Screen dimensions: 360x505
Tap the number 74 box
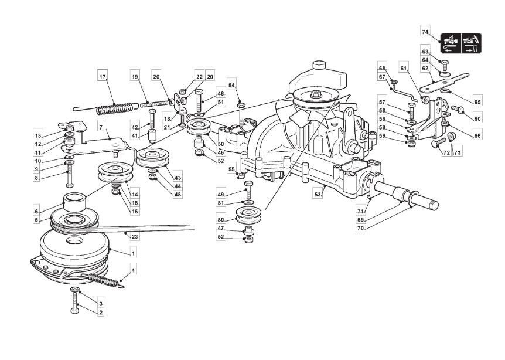click(426, 32)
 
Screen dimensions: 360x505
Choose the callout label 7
click(100, 127)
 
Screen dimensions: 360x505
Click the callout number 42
click(134, 127)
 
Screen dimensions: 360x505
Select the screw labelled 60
click(457, 108)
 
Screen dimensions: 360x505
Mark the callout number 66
click(477, 135)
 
